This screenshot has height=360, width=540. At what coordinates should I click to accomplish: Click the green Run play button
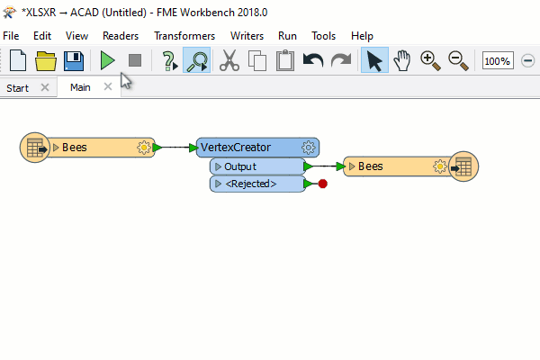point(107,60)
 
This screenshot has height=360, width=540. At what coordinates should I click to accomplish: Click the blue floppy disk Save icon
point(74,61)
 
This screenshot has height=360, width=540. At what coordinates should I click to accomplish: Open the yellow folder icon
point(46,61)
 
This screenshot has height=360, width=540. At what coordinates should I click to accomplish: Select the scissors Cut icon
point(229,60)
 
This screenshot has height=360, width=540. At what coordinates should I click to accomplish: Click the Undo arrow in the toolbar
point(313,60)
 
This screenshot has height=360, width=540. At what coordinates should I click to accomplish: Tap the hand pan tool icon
point(402,60)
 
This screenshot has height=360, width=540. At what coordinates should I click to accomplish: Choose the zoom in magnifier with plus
point(430,61)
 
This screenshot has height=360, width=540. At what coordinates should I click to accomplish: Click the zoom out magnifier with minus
point(458,61)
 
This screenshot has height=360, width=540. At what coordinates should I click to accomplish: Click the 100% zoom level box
point(498,60)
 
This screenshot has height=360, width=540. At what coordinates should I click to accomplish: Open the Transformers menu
point(184,36)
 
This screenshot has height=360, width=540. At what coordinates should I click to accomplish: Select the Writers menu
point(247,36)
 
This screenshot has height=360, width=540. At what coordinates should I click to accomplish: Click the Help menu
point(362,36)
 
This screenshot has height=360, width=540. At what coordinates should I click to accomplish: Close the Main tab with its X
point(108,86)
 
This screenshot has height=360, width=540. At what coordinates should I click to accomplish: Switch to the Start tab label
point(18,88)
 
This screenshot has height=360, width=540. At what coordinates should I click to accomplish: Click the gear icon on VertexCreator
point(308,148)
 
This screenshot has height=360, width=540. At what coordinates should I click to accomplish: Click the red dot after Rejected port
point(323,184)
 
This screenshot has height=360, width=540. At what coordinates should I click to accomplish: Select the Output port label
point(240,166)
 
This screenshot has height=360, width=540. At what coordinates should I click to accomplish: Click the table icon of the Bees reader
point(35,148)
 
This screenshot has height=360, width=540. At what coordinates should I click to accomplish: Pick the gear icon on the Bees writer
point(440,166)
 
